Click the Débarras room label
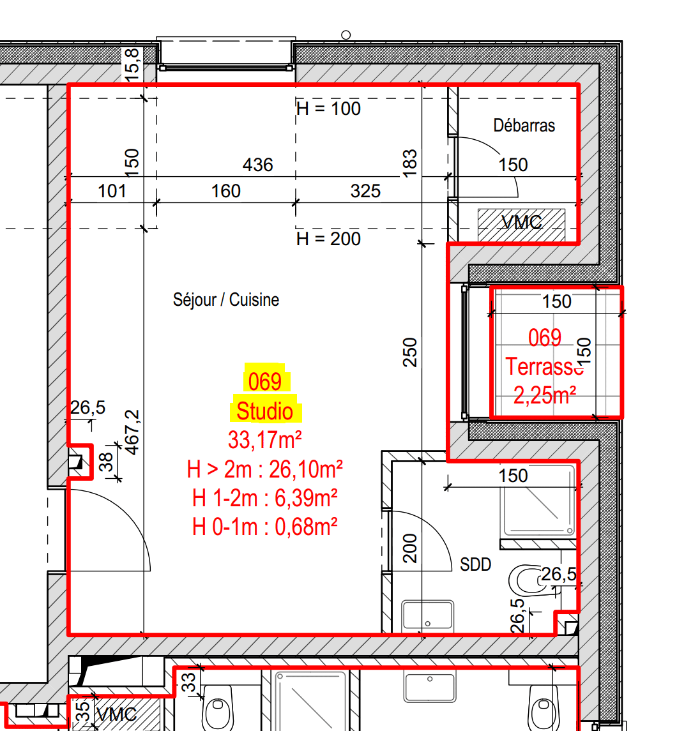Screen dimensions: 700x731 pos(524,125)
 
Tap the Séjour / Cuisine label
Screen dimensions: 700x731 pos(226,300)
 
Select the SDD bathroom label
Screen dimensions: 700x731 pos(476,564)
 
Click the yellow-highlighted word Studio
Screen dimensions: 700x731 pos(265,411)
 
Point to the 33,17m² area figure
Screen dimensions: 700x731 pos(265,440)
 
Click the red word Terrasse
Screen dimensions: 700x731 pos(545,366)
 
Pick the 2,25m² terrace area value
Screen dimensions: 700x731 pos(545,395)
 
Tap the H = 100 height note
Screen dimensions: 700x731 pos(329,109)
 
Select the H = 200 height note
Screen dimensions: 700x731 pos(329,239)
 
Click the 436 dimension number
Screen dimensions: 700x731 pos(258,165)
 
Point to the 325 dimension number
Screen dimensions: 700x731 pos(365,191)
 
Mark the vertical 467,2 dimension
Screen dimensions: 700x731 pos(132,432)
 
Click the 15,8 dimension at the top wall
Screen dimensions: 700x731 pos(132,64)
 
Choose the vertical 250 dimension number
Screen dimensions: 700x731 pos(409,352)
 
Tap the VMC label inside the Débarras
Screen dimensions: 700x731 pos(522,222)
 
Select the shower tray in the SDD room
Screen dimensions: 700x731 pos(538,501)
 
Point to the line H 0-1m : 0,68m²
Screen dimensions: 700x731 pos(265,527)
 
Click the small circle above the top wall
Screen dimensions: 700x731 pos(346,35)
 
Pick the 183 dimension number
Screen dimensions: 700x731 pos(409,163)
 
